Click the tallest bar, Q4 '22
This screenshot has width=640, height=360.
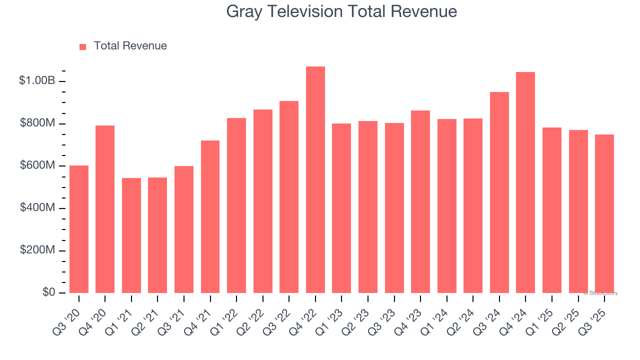click(315, 180)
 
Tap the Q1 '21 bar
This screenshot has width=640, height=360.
click(131, 235)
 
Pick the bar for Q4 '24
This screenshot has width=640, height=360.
click(525, 182)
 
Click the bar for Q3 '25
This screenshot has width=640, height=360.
click(604, 213)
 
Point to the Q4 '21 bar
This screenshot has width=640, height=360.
click(210, 216)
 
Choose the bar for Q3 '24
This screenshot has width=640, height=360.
click(499, 192)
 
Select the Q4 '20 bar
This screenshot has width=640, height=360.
click(105, 209)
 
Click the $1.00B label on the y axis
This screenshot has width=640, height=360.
click(37, 80)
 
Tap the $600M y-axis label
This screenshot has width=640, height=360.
click(38, 165)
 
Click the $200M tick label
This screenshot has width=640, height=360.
click(38, 250)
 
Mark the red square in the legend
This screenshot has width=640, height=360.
click(83, 47)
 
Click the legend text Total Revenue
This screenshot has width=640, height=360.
click(130, 46)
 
